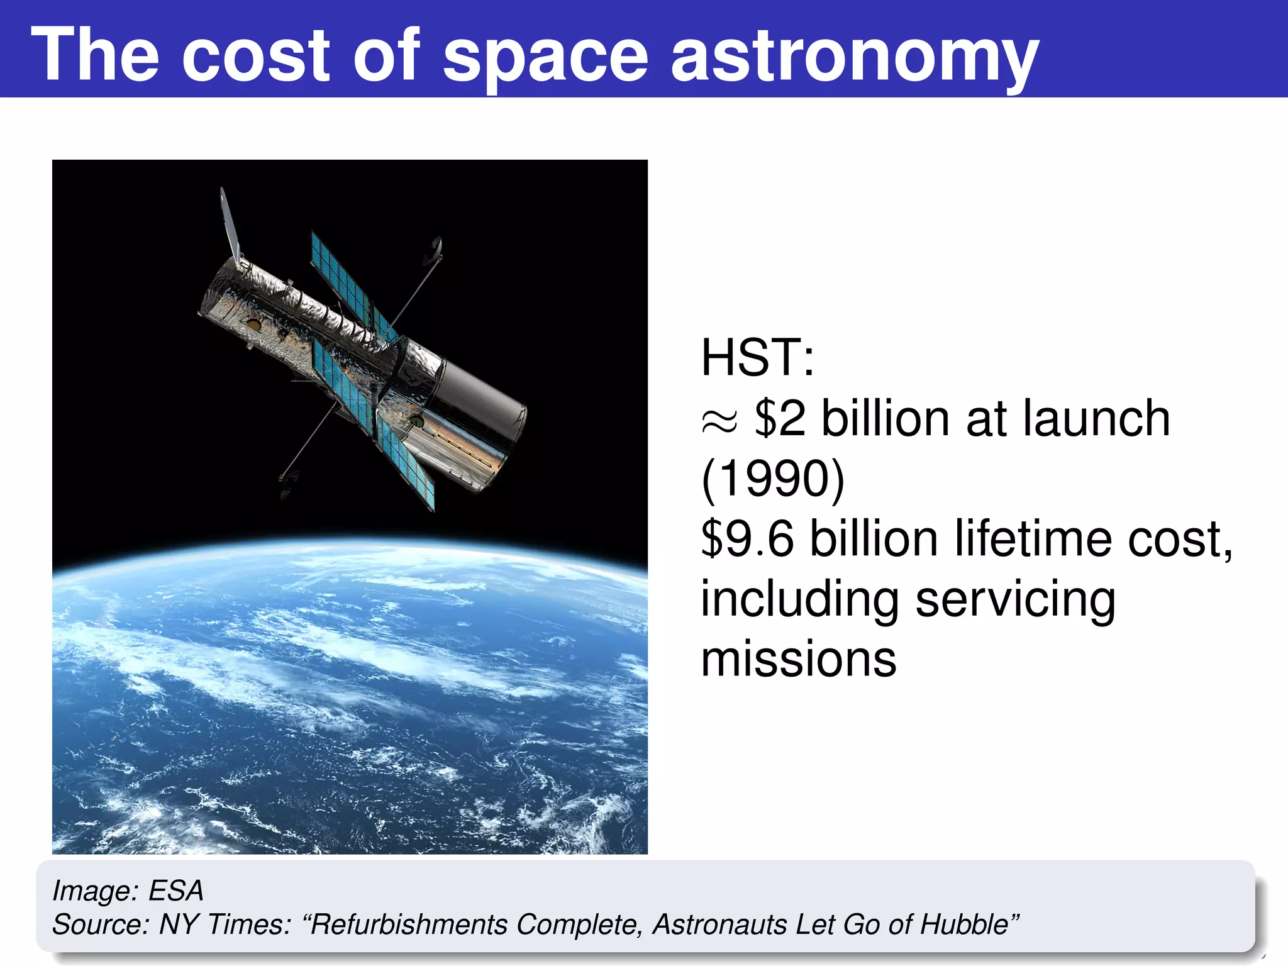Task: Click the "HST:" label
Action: (x=757, y=357)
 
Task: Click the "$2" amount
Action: (x=780, y=418)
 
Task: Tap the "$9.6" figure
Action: (x=748, y=539)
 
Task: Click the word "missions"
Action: (x=799, y=659)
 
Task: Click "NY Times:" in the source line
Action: (x=225, y=924)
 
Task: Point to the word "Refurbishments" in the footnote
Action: (x=409, y=924)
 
